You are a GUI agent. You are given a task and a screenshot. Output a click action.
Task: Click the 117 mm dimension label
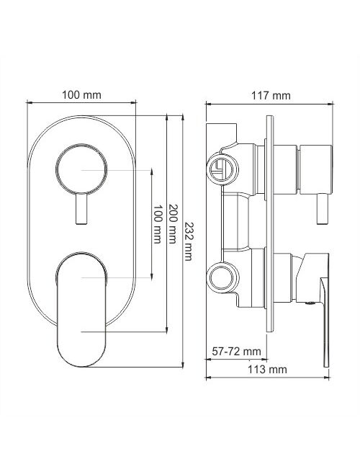[x=271, y=96]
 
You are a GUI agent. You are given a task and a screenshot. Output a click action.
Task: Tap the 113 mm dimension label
[x=267, y=369]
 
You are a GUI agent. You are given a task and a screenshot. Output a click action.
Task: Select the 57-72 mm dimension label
[x=236, y=351]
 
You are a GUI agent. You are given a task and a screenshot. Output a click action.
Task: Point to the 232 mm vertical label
[x=188, y=241]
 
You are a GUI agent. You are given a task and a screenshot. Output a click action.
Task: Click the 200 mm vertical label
[x=173, y=224]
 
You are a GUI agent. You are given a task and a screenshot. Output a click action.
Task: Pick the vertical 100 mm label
[x=158, y=224]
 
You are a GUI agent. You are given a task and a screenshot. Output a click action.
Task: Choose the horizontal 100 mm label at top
[x=81, y=95]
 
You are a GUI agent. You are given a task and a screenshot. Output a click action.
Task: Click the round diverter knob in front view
[x=81, y=169]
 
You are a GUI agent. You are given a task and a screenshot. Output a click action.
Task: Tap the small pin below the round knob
[x=81, y=209]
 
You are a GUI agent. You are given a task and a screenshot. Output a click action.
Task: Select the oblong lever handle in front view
[x=81, y=309]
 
